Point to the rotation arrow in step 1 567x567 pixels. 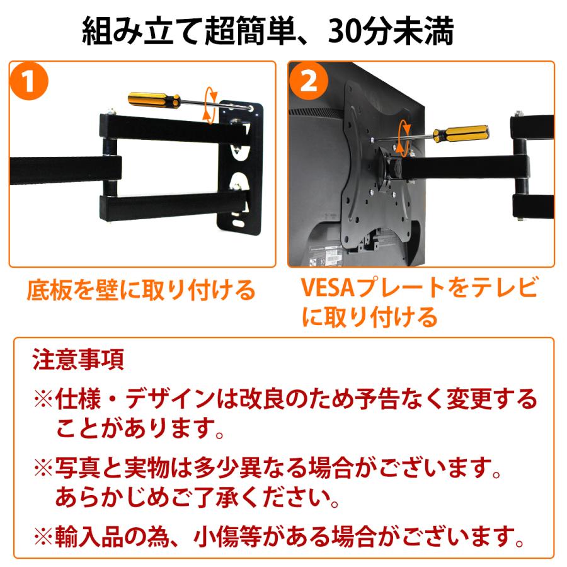[210, 105]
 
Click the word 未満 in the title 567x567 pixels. [429, 31]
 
